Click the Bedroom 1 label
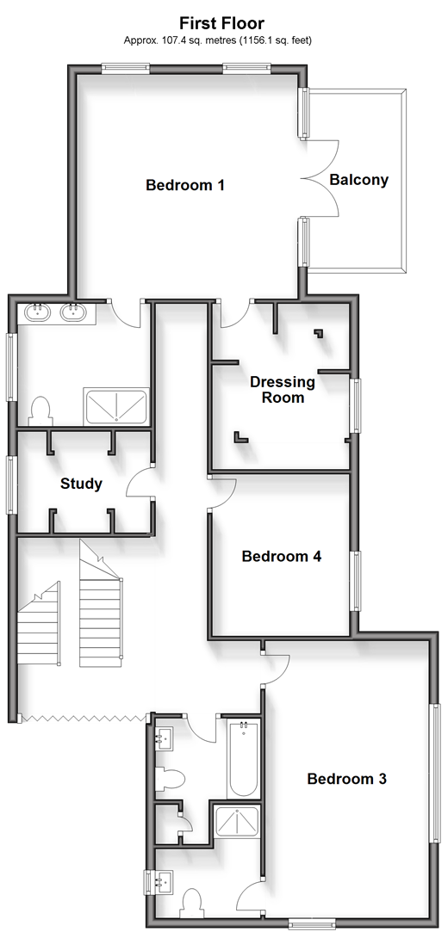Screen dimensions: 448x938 tap(185, 185)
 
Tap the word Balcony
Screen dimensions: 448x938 tap(358, 180)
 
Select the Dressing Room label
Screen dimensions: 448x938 tap(282, 390)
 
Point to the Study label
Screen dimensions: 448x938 tap(82, 484)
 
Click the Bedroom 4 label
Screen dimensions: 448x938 tap(282, 556)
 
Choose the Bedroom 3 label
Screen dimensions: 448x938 tap(347, 779)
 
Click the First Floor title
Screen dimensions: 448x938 tap(222, 23)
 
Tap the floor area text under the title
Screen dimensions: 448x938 tap(217, 40)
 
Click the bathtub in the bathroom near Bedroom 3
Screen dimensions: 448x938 tap(243, 759)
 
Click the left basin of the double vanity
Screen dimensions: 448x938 tap(39, 312)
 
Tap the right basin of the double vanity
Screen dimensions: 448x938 tap(74, 312)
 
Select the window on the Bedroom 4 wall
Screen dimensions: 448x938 tap(356, 581)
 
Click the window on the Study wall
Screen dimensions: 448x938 tap(11, 484)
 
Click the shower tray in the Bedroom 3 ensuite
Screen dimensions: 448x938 tap(237, 824)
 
